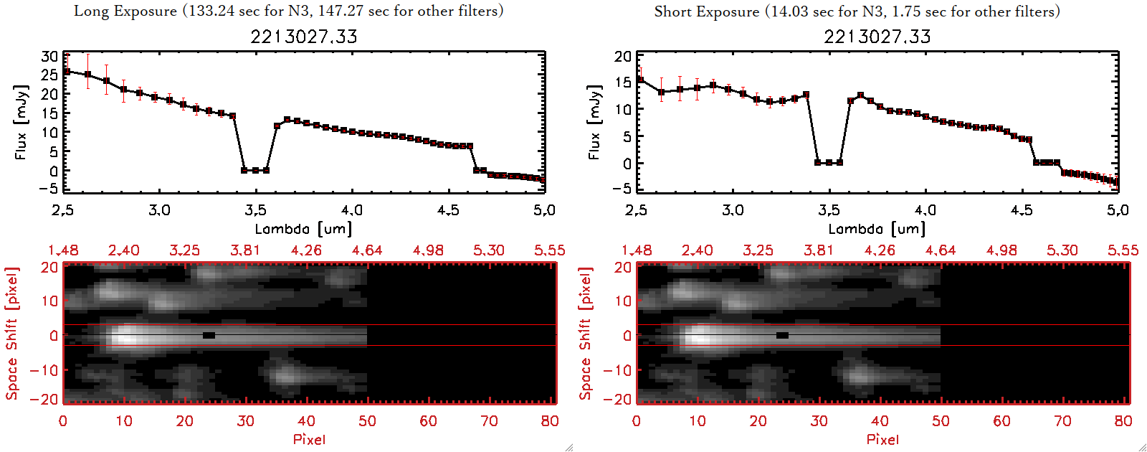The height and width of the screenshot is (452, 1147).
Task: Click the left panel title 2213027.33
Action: (x=303, y=37)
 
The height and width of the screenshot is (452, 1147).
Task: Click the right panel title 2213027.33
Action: (x=877, y=37)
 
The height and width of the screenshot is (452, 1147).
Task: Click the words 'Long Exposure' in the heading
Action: (x=125, y=11)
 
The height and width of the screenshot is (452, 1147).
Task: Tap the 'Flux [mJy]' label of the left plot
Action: (x=20, y=122)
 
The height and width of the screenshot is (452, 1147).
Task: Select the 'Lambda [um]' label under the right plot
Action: (x=877, y=229)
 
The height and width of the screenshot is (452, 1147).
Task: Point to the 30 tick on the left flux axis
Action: (x=49, y=57)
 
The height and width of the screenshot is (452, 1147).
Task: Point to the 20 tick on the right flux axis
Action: (x=623, y=57)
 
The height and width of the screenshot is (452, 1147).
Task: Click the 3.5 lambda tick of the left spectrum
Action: (x=255, y=210)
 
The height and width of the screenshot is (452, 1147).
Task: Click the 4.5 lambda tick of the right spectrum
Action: (x=1022, y=210)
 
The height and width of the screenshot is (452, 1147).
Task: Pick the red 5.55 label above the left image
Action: (x=549, y=250)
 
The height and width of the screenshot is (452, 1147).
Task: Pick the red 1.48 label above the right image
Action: (x=637, y=250)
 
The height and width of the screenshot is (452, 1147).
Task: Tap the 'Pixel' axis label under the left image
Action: (x=309, y=439)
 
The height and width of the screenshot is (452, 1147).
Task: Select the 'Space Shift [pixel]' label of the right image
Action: (x=586, y=334)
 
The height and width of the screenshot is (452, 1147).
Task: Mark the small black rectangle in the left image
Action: (x=209, y=335)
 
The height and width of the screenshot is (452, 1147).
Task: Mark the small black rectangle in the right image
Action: (x=782, y=335)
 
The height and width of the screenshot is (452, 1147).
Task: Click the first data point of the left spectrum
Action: (x=67, y=72)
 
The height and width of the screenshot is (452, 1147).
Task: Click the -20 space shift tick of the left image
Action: (x=49, y=399)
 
